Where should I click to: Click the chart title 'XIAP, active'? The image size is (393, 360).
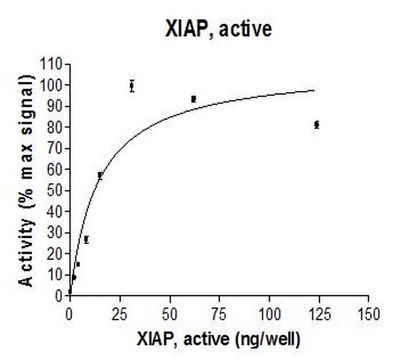(219, 29)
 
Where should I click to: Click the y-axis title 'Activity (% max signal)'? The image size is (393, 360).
(26, 180)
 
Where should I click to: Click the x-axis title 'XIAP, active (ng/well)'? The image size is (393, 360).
(219, 340)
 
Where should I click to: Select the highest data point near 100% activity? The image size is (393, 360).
(132, 86)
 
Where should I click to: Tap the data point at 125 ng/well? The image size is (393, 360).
(317, 125)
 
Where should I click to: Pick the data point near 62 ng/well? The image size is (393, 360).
(194, 99)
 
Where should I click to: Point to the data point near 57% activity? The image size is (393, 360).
(100, 175)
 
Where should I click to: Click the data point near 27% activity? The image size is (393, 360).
(86, 239)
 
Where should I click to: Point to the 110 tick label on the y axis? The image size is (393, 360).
(51, 64)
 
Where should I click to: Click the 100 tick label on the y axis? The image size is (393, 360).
(51, 85)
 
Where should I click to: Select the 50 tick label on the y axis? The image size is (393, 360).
(54, 190)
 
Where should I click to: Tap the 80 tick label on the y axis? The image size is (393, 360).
(54, 127)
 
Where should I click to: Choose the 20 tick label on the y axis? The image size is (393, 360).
(54, 254)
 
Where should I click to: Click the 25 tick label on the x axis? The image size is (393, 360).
(119, 314)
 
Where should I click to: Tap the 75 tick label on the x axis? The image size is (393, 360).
(219, 314)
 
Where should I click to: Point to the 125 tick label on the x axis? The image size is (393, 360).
(319, 314)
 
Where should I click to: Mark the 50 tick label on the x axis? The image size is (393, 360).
(169, 314)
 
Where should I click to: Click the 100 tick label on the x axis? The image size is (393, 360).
(269, 314)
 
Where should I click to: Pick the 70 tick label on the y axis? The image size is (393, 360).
(54, 148)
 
